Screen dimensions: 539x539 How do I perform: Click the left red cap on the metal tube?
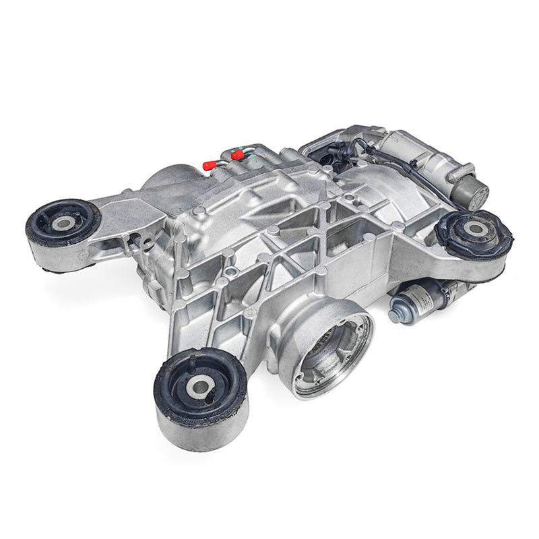pyautogui.click(x=210, y=164)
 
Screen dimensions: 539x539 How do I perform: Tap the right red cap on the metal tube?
pyautogui.click(x=236, y=155)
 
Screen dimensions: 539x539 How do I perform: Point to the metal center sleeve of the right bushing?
pyautogui.click(x=476, y=229)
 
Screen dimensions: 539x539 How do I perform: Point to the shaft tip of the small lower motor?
pyautogui.click(x=393, y=315)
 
